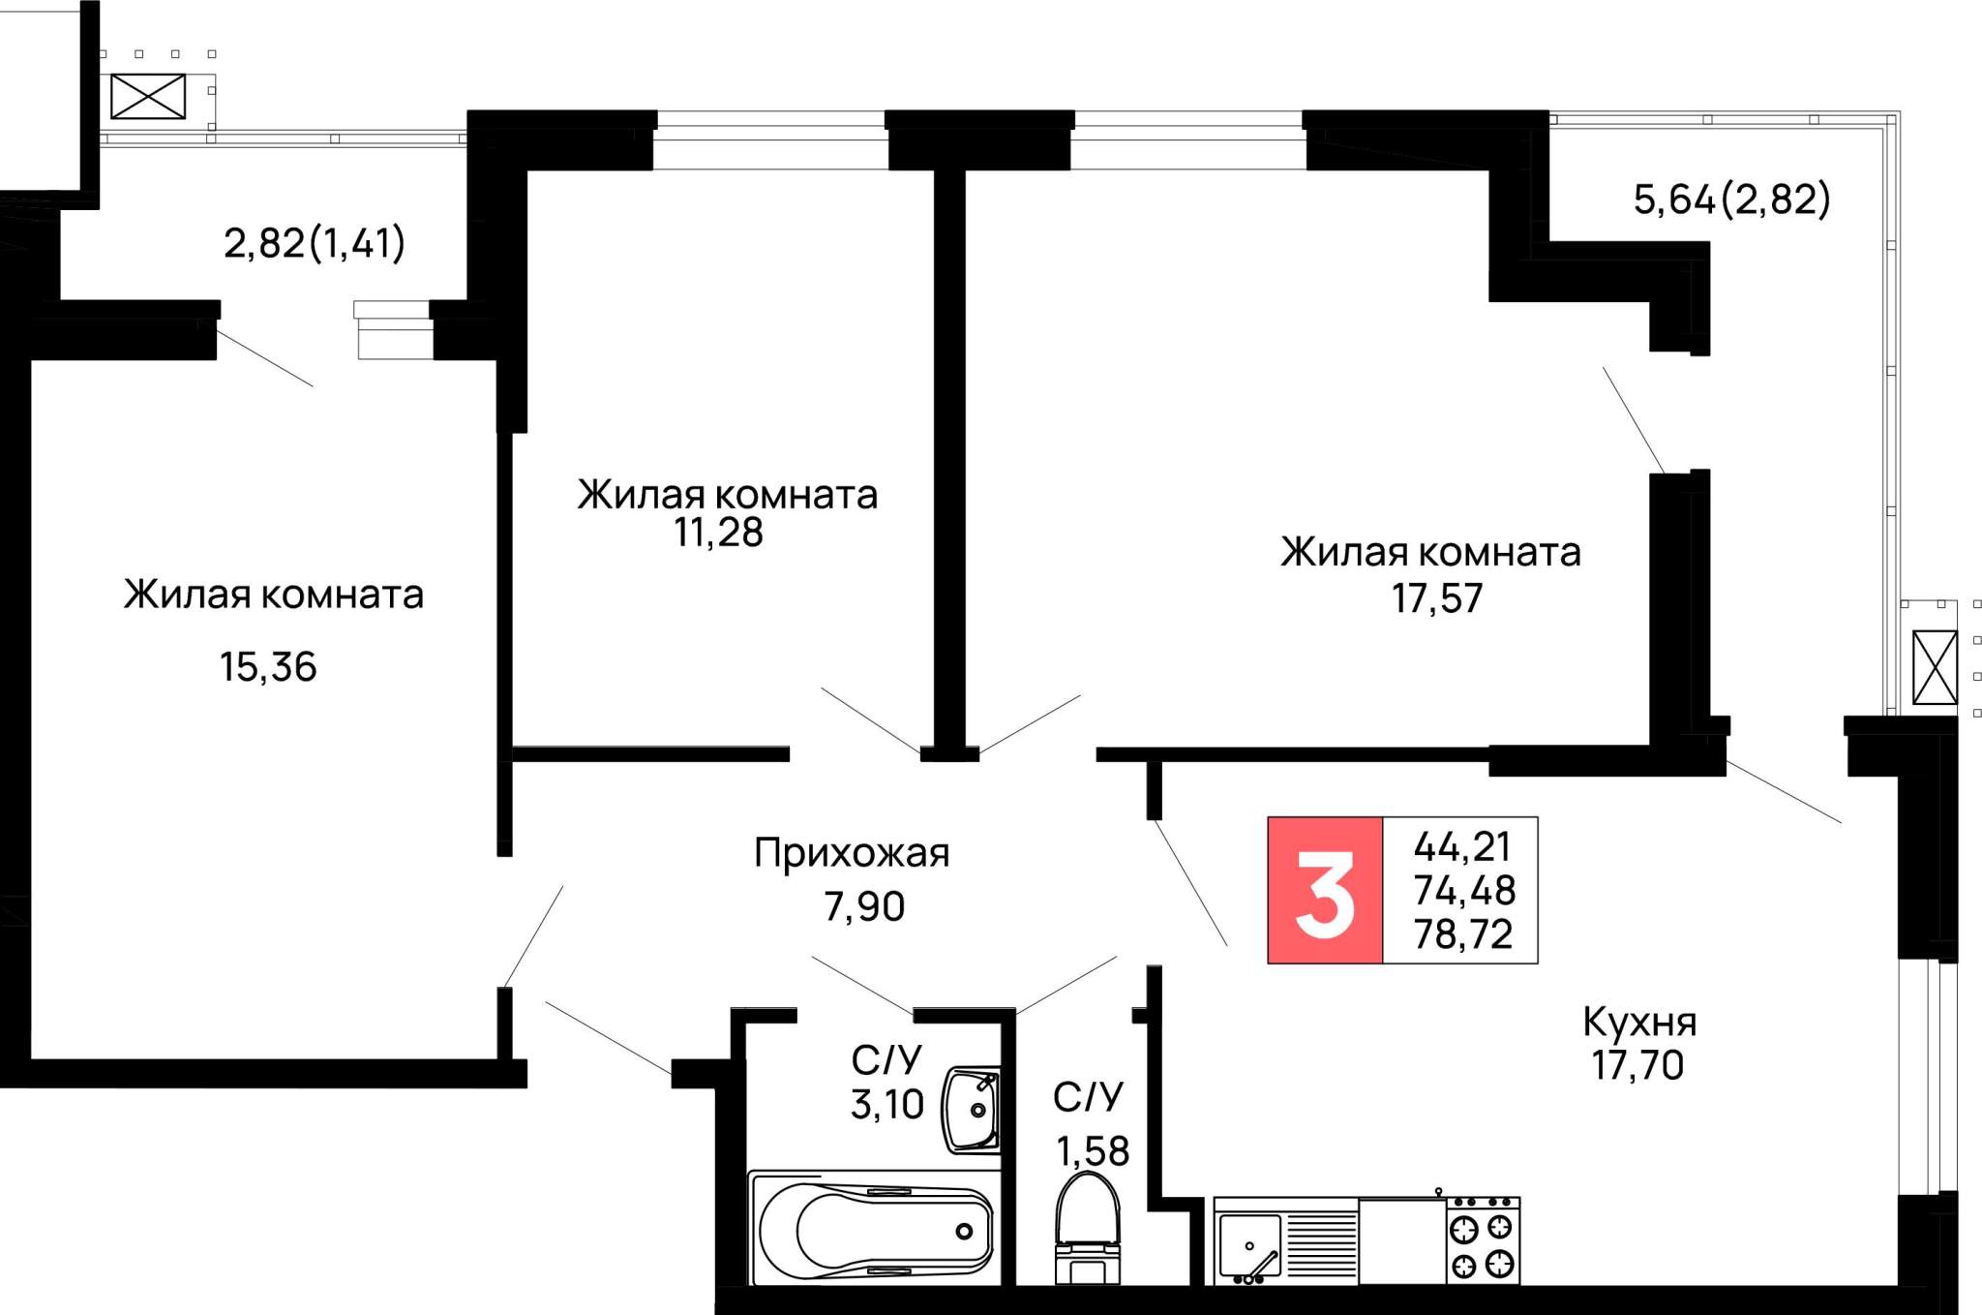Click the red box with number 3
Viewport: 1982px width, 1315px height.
pos(1325,890)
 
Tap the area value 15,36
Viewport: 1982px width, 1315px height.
pos(268,667)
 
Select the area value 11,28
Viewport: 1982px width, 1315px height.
pos(719,533)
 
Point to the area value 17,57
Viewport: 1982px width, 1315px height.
pos(1437,598)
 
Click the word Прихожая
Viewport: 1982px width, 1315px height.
pos(852,854)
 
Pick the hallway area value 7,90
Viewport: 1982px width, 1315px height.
pos(864,906)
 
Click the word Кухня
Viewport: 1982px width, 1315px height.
pos(1639,1023)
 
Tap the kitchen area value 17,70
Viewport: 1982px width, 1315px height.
pos(1638,1065)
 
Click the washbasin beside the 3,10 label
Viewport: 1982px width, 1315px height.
pos(972,1111)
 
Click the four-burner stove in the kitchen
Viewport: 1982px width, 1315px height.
pos(1484,1241)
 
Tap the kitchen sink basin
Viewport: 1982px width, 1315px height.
pos(1249,1245)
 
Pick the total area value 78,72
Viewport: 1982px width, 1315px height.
pos(1463,934)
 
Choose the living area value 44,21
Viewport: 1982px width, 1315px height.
pos(1462,847)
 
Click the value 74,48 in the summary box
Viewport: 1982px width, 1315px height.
pos(1464,890)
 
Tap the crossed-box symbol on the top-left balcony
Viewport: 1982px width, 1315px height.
pos(148,97)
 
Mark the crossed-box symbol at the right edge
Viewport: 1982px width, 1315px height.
pos(1936,668)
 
